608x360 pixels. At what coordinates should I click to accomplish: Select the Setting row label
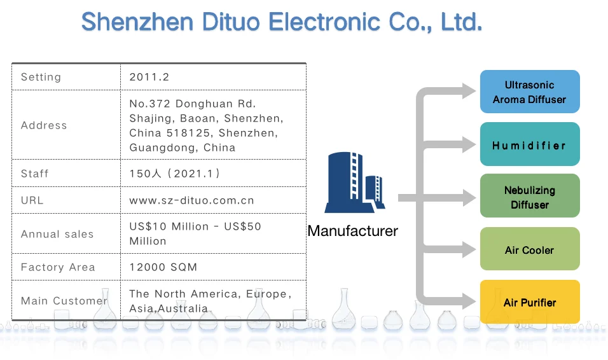click(x=41, y=77)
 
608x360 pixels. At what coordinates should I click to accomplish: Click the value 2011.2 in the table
click(x=149, y=77)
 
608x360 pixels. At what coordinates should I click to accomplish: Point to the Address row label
click(x=44, y=125)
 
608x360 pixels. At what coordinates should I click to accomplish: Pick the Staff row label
click(x=34, y=174)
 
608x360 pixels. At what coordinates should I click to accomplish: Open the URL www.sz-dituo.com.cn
click(x=191, y=200)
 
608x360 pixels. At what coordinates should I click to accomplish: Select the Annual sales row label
click(x=57, y=234)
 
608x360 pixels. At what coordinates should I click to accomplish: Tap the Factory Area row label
click(x=58, y=267)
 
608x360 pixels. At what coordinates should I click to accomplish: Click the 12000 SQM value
click(x=163, y=267)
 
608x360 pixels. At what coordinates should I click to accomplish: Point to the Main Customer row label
click(x=64, y=301)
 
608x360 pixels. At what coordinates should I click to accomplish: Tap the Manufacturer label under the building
click(x=352, y=231)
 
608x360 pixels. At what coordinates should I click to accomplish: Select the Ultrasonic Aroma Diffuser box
click(x=529, y=92)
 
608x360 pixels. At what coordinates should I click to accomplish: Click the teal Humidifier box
click(x=529, y=145)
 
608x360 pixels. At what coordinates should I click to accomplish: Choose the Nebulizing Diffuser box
click(x=529, y=197)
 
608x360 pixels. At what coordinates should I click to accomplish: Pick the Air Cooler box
click(x=529, y=250)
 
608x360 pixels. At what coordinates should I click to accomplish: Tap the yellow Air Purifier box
click(x=529, y=303)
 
